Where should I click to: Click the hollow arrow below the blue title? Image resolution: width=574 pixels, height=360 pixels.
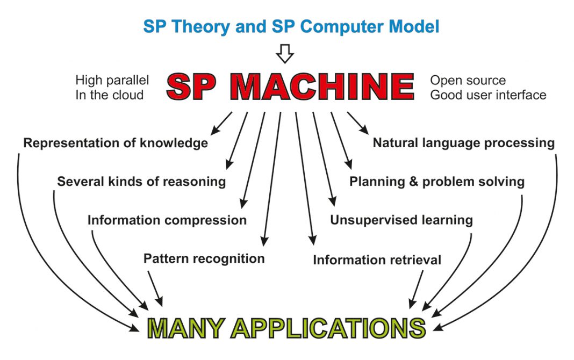pos(285,54)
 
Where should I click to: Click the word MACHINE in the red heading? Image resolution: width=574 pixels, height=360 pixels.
pos(322,87)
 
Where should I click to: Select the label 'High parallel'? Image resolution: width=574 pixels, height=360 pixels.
pos(112,80)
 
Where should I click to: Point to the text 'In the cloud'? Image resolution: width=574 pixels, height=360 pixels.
pos(110,95)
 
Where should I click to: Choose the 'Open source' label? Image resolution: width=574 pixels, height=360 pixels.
pos(468,80)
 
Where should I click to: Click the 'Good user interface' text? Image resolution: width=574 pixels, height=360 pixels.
pos(488,95)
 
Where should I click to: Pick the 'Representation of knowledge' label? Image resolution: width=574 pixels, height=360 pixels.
pos(116,143)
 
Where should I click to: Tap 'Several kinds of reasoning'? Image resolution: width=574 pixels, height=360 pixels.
pos(141,182)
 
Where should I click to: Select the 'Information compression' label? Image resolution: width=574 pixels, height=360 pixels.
pos(167,220)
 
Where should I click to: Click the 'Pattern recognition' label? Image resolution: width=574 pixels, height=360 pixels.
pos(204,258)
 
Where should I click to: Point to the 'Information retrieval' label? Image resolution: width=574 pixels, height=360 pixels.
pos(377,260)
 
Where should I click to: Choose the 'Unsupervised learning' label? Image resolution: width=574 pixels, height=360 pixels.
pos(401,220)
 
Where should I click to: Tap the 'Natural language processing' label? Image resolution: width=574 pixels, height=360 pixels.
pos(463,143)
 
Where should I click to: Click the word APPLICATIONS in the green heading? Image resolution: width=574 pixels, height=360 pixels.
pos(328,328)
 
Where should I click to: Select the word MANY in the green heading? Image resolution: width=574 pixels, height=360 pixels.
pos(186,328)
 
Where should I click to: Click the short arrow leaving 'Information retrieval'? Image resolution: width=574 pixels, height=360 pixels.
pos(416,289)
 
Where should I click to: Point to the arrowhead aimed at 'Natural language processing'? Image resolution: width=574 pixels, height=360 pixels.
pos(364,129)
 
